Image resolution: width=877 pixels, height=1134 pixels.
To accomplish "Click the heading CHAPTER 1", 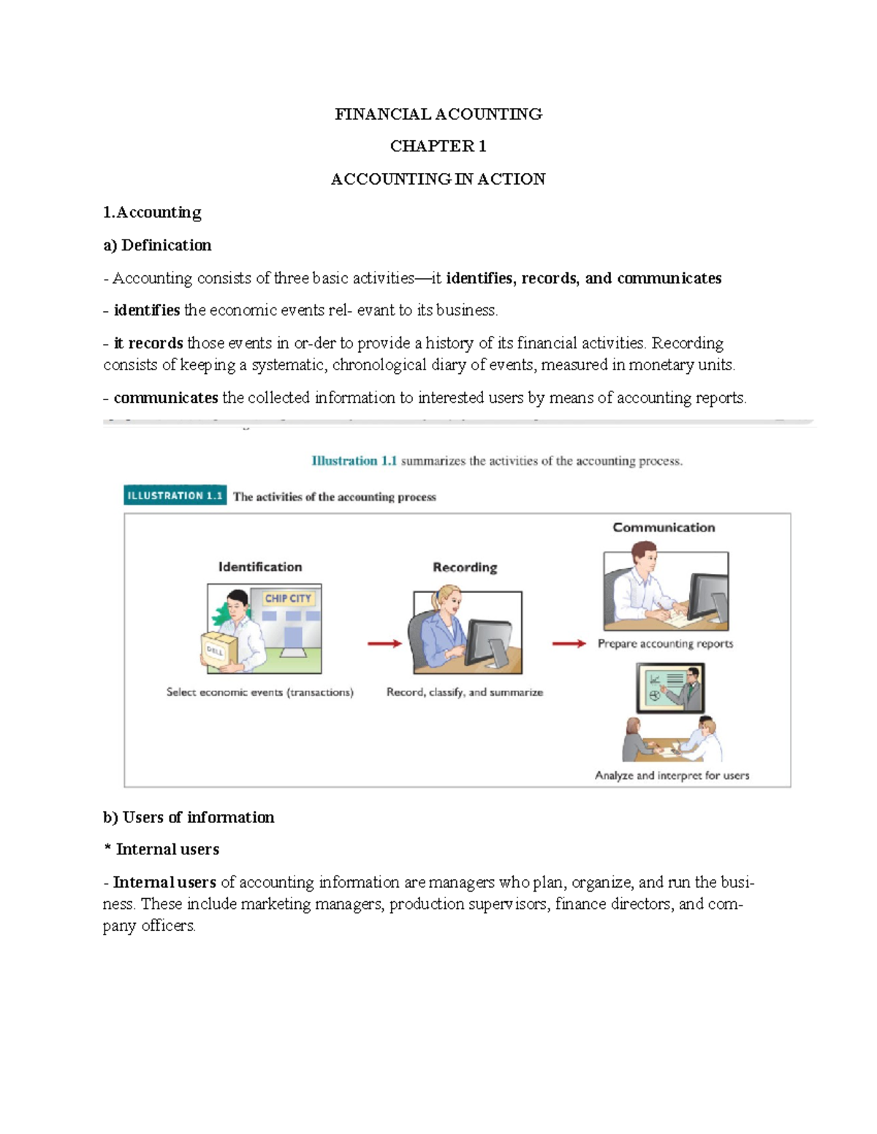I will point(438,146).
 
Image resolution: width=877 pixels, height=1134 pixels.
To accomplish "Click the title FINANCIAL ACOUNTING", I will point(438,114).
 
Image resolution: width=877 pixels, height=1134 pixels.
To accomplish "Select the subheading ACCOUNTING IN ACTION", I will point(438,179).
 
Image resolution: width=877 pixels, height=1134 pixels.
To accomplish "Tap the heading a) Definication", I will point(157,245).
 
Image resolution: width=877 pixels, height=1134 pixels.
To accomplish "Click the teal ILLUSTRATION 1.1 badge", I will point(175,496).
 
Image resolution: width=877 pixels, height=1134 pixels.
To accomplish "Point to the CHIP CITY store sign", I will point(288,598).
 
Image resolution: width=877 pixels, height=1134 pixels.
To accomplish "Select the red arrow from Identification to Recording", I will point(384,643).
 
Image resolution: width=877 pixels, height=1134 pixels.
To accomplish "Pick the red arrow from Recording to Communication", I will point(569,643).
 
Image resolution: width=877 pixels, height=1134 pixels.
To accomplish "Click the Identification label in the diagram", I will point(259,567).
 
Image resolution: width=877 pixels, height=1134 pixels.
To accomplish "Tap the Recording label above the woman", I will point(465,567).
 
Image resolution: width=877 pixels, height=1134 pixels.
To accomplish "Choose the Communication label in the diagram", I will point(664,527).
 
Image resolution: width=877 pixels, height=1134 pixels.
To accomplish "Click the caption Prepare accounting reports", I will point(665,643).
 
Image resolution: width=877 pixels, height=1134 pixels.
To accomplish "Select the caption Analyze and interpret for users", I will point(672,775).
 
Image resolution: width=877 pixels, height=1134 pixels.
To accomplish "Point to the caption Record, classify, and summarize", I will point(465,692).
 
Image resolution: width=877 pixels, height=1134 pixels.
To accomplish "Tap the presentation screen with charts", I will point(664,686).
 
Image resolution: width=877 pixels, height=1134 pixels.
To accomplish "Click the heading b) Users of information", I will point(189,817).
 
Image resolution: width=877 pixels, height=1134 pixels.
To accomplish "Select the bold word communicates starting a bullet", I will point(166,398).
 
